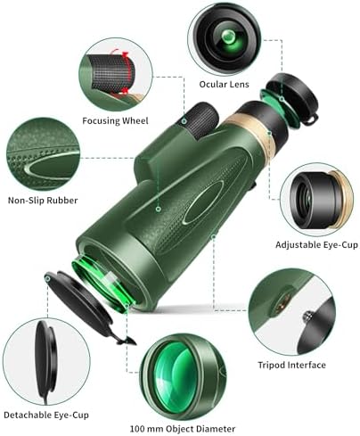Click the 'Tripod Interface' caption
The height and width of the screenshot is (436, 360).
point(291,365)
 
